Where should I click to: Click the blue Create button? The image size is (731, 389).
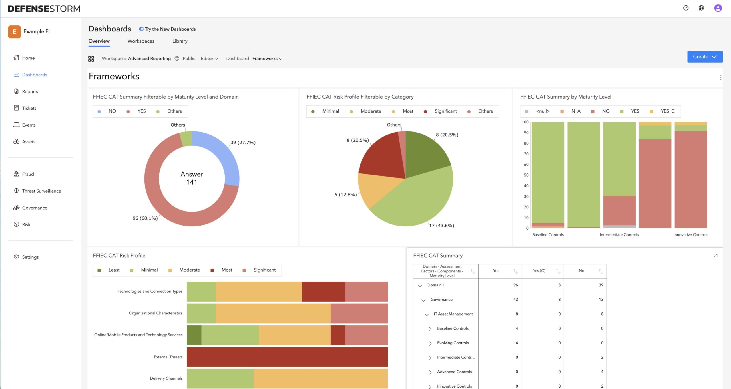(x=704, y=57)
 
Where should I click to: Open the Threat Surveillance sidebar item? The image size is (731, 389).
(x=41, y=191)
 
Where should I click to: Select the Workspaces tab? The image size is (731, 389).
(x=141, y=41)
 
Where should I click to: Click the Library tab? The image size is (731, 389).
(x=180, y=41)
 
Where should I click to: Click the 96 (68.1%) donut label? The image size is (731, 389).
(x=145, y=218)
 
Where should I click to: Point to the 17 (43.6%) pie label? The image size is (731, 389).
(x=441, y=226)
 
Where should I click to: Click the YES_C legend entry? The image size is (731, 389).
(x=667, y=111)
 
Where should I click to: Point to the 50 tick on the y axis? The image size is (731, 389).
(x=526, y=175)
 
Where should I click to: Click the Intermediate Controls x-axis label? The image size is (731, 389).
(x=619, y=235)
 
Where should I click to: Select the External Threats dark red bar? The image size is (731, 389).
(x=287, y=357)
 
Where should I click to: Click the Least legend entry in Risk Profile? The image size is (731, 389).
(x=114, y=270)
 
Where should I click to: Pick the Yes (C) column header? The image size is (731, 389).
(x=539, y=271)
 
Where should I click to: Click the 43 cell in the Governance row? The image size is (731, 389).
(x=515, y=300)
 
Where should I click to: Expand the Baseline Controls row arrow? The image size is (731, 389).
(x=430, y=329)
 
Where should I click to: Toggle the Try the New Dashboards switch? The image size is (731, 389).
(x=141, y=29)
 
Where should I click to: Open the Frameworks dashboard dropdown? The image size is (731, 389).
(x=267, y=59)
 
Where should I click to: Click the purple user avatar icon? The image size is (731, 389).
(x=718, y=8)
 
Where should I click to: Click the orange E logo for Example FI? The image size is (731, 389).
(x=14, y=32)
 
